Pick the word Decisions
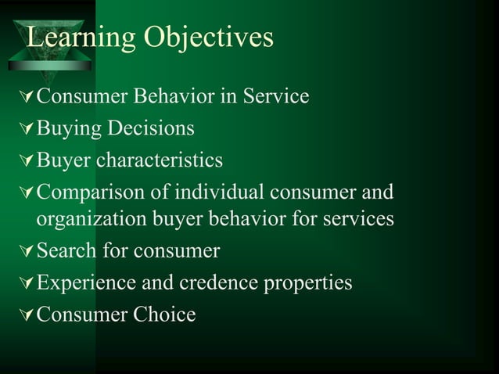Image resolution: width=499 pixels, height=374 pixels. tap(151, 128)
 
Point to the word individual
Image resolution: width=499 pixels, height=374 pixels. tap(214, 192)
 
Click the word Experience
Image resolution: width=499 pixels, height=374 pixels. tap(87, 282)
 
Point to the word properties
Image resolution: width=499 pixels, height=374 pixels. tap(313, 282)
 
